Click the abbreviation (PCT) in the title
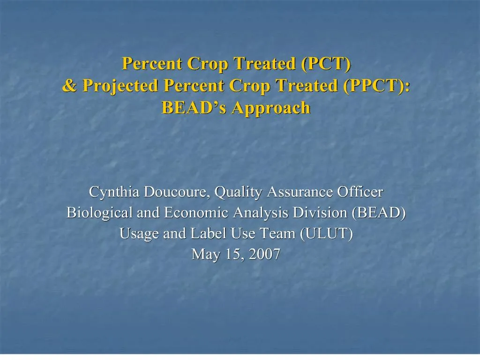[326, 64]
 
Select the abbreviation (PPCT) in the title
[376, 85]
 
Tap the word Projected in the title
[120, 86]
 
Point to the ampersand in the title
[69, 85]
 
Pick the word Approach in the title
[271, 109]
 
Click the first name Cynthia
[114, 192]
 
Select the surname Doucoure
[177, 192]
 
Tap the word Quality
[238, 192]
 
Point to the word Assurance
[300, 192]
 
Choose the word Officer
[360, 192]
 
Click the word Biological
[99, 213]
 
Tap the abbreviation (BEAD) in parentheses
[379, 213]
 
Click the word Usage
[139, 233]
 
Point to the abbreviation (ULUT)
[326, 233]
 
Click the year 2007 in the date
[264, 254]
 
